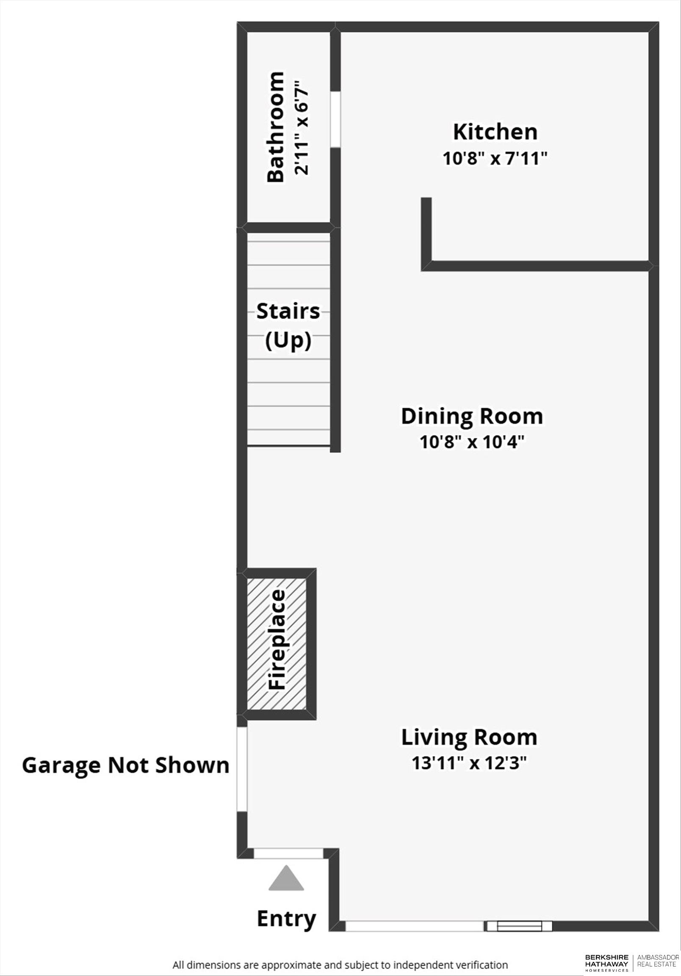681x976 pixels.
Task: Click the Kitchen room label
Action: (495, 132)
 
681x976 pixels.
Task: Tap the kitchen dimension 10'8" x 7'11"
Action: (494, 159)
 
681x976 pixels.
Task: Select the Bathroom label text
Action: (275, 127)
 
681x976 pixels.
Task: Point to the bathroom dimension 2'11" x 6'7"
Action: (301, 127)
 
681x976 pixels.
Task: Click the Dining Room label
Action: (472, 416)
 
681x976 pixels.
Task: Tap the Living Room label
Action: (469, 738)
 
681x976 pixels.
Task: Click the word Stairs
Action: (288, 312)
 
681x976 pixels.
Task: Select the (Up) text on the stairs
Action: (288, 340)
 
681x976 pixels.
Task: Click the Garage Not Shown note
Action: (125, 765)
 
